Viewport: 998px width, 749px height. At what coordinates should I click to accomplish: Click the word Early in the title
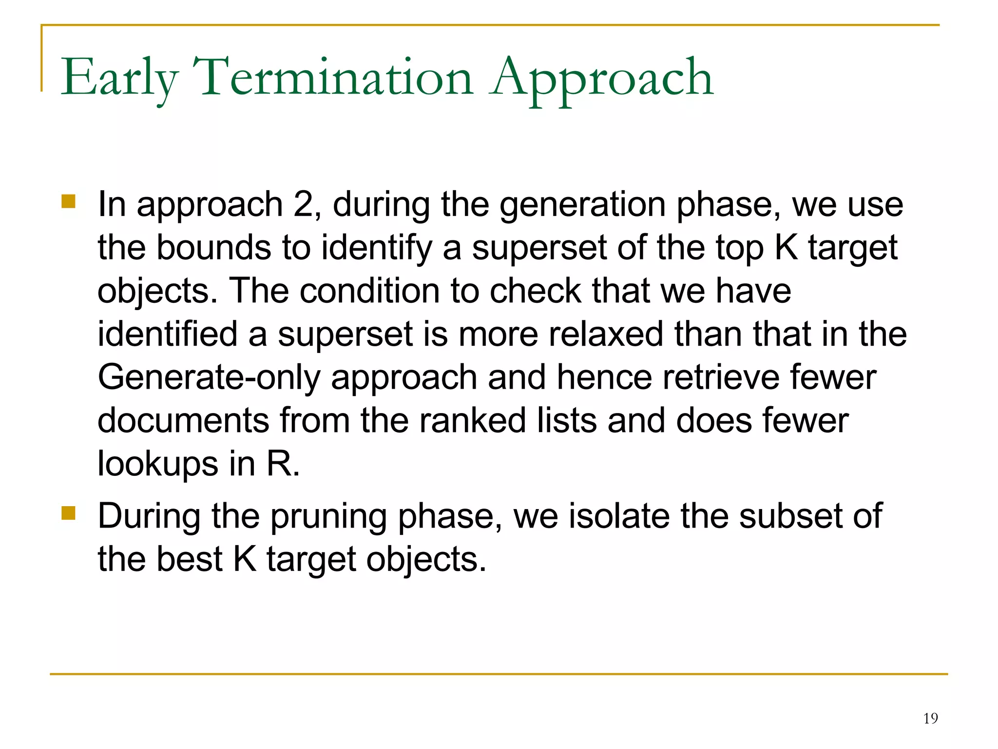click(x=119, y=78)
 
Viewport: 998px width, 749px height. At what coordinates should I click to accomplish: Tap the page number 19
click(x=930, y=718)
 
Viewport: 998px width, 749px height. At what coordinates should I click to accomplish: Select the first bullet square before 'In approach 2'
click(x=69, y=201)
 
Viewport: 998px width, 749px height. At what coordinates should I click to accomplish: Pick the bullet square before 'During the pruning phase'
click(x=69, y=513)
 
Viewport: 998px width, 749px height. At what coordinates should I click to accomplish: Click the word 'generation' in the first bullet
click(x=582, y=205)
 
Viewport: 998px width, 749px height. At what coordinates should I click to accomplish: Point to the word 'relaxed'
click(x=606, y=334)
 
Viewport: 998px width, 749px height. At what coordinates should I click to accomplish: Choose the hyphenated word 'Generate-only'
click(x=209, y=378)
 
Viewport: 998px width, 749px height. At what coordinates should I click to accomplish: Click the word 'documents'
click(x=183, y=420)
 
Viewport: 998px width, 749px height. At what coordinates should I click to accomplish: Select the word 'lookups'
click(x=157, y=464)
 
